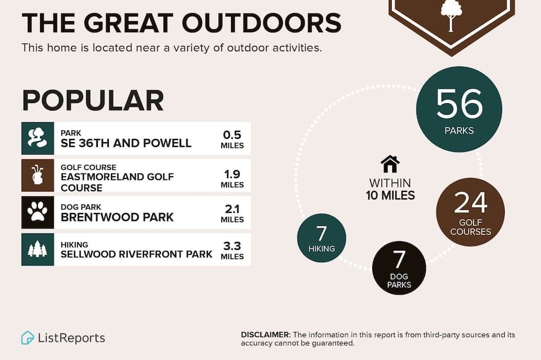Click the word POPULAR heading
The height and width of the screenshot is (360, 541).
pos(93,101)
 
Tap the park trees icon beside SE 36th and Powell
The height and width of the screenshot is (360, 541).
pos(38,138)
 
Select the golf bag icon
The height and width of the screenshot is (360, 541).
pos(38,175)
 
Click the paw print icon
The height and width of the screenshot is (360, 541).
pos(38,212)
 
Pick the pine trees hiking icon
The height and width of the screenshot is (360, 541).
pos(38,249)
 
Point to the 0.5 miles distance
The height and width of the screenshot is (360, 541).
pos(232,139)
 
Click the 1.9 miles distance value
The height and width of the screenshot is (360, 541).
pos(232,178)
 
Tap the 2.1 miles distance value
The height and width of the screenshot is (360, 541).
pos(232,213)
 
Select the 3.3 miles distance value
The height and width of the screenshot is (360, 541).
pos(232,250)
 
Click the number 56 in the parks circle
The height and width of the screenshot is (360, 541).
pos(459,103)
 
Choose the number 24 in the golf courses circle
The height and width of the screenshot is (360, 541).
pos(471,203)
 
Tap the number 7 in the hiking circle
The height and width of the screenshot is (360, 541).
pos(321,234)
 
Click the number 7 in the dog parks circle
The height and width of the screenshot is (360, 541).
pos(399,259)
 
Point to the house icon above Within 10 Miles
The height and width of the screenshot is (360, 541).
pos(390,164)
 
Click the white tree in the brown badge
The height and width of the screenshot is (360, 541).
pos(451,15)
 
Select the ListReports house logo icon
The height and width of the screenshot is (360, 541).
pos(28,338)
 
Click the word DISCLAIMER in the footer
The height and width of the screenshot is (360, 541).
pos(265,335)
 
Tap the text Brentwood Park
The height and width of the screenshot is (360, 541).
pos(117,217)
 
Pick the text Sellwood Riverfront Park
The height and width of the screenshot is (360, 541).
pos(136,254)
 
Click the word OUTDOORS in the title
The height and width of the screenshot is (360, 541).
pos(261,23)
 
